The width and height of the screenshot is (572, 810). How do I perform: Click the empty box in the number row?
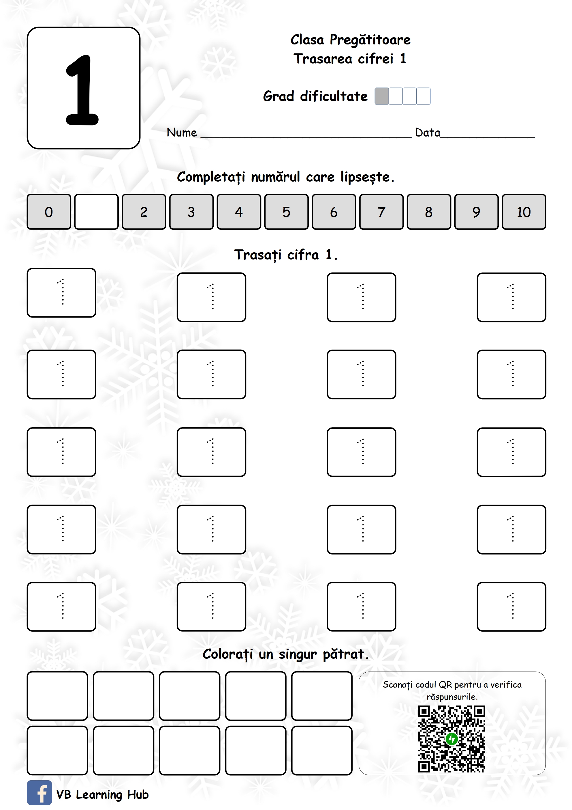tap(96, 212)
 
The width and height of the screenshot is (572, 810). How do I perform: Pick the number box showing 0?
tap(49, 212)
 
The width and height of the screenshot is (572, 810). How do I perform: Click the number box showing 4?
tap(239, 212)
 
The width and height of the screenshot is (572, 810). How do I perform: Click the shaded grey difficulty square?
tap(381, 96)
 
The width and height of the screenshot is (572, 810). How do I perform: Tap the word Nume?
tap(182, 133)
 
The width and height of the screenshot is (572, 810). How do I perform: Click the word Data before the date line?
tap(427, 133)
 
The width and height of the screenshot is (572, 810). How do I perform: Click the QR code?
tap(451, 739)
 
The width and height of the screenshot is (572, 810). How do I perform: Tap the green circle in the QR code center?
tap(451, 738)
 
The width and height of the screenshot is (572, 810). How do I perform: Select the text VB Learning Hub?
tap(102, 794)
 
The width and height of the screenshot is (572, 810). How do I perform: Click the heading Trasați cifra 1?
tap(285, 254)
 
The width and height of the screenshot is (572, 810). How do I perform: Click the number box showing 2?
tap(144, 212)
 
